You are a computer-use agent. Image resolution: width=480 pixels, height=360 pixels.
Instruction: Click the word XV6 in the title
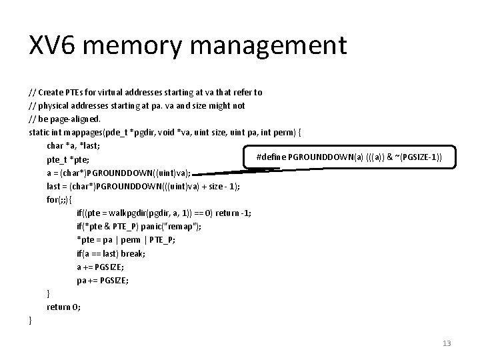coord(56,46)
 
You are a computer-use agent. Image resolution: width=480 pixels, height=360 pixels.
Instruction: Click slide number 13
coord(446,343)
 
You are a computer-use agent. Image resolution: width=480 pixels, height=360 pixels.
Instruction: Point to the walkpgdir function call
coord(144,213)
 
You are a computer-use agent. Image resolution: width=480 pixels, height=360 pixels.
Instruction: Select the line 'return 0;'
coord(64,307)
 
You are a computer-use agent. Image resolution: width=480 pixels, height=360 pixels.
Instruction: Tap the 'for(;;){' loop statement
coord(60,199)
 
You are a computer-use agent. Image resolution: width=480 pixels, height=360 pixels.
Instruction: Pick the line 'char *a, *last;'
coord(73,145)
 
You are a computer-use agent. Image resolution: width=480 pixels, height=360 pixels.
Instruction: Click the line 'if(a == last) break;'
coord(111,253)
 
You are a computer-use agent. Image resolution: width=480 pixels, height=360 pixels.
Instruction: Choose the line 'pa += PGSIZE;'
coord(103,281)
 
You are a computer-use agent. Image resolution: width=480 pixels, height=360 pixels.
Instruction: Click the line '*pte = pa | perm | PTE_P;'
coord(126,240)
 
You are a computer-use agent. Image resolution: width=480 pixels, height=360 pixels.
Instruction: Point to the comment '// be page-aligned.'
coord(65,119)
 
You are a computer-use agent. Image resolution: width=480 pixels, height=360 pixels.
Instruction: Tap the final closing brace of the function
coord(31,321)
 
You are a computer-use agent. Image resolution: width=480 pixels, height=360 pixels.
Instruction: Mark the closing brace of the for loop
coord(48,294)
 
